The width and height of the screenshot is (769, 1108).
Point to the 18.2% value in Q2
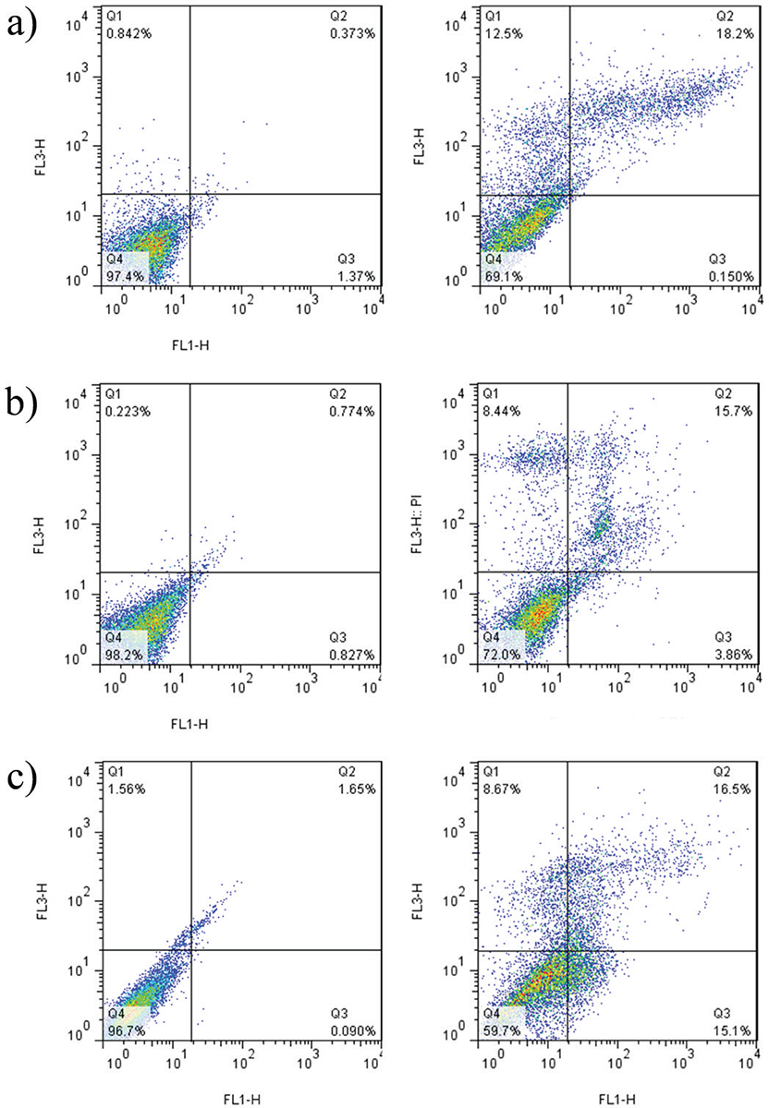727,33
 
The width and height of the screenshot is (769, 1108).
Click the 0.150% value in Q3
724,275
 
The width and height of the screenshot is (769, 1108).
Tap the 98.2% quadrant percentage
123,651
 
